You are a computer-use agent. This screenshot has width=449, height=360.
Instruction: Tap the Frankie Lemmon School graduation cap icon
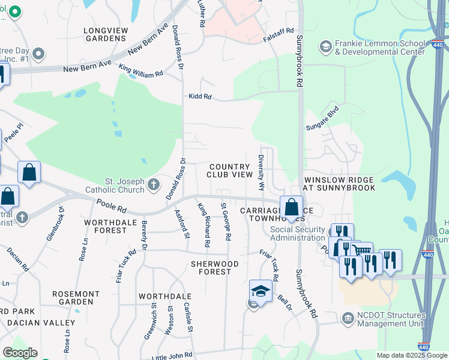click(326, 47)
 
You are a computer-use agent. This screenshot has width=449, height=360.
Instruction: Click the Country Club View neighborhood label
click(229, 170)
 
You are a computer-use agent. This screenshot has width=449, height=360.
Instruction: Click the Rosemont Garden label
click(76, 298)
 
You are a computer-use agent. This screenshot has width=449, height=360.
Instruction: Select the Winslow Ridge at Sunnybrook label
click(340, 184)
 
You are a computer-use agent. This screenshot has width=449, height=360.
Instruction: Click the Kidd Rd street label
click(200, 96)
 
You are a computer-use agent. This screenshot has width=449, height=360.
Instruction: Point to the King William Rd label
click(140, 70)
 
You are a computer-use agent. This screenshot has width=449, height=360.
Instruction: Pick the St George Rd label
click(226, 221)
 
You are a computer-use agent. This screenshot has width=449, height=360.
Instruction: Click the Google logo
click(20, 353)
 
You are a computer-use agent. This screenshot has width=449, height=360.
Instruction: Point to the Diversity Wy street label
click(261, 173)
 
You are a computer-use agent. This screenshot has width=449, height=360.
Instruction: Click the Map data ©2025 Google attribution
click(411, 355)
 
